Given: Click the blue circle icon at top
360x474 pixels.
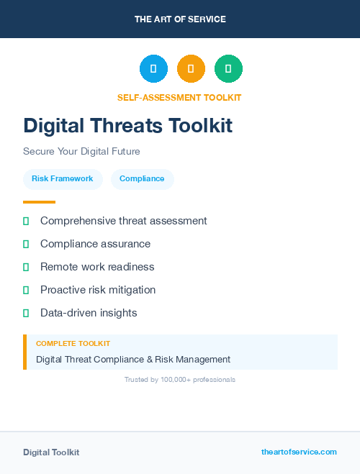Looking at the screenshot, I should (153, 69).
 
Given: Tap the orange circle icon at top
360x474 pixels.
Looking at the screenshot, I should (191, 69).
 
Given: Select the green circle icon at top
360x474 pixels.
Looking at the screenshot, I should (228, 69).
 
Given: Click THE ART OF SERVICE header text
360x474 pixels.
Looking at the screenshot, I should (180, 19).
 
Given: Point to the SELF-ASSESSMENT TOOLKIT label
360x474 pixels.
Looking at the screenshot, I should (179, 97).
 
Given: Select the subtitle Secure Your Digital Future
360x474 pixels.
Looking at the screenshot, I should (81, 152).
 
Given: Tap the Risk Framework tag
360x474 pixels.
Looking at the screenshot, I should (63, 179).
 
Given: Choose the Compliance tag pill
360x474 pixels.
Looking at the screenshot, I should (142, 179).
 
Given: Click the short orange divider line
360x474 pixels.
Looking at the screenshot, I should (39, 202).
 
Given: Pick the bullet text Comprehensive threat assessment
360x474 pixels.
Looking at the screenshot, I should (123, 221).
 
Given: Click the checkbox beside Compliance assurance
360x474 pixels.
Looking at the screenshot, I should (26, 245).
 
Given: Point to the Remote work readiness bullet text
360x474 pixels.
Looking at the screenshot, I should (97, 267).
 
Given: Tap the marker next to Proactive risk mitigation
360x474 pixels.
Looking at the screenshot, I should (26, 290).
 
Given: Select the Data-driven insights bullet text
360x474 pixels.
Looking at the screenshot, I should (89, 313).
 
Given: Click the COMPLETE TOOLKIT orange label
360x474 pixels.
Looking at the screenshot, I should (73, 344).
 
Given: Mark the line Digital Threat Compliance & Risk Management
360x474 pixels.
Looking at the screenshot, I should (133, 359).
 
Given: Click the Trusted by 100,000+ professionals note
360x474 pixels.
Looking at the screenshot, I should (180, 379).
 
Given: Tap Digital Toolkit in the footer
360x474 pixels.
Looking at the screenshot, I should (51, 452).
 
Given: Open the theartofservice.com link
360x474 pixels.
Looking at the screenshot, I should (299, 452).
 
